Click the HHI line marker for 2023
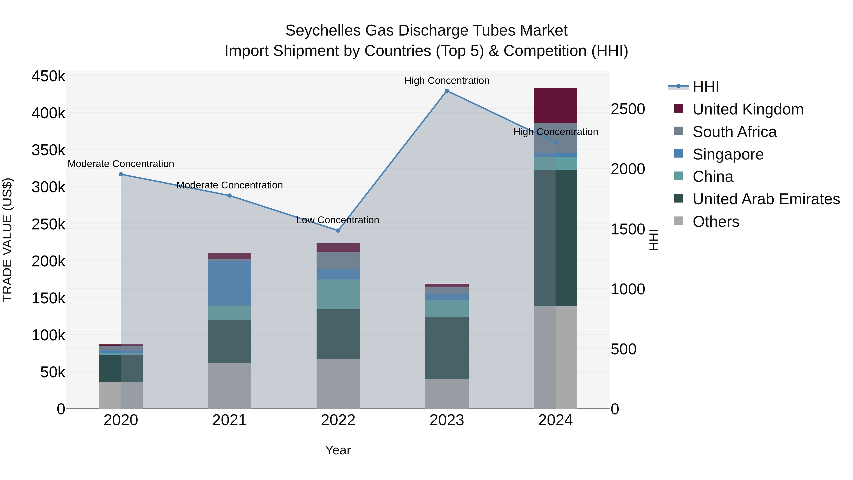point(447,91)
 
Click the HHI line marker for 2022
point(338,231)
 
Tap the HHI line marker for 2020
point(121,174)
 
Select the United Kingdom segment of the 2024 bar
point(555,105)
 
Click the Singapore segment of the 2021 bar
point(229,283)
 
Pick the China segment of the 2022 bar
point(338,294)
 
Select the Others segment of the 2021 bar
point(229,386)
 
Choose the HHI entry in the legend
point(705,87)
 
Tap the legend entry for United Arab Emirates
point(766,199)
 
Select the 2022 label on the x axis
point(338,420)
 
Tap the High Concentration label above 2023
point(447,81)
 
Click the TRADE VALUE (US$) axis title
point(7,240)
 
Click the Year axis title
point(338,450)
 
